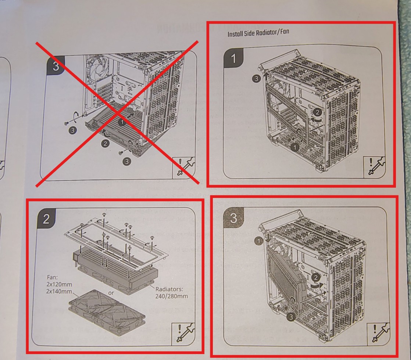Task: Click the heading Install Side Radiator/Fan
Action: coord(258,33)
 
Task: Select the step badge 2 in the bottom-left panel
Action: coord(46,219)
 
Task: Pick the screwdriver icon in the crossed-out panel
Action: coord(184,166)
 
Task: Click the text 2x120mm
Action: coord(59,284)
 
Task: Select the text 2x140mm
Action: coord(59,291)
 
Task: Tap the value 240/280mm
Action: coord(171,296)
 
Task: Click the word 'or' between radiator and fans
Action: coord(111,293)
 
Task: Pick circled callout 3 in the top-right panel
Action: coord(256,78)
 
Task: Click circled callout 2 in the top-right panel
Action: coord(317,112)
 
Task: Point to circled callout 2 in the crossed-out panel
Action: coord(105,144)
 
